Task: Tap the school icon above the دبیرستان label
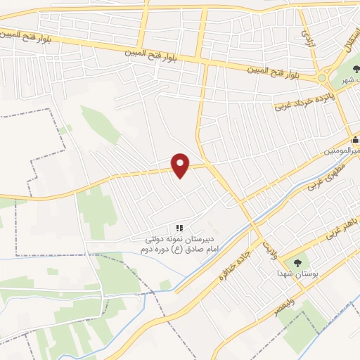pyautogui.click(x=179, y=228)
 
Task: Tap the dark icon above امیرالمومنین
pyautogui.click(x=355, y=139)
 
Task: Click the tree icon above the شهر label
pyautogui.click(x=355, y=70)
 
